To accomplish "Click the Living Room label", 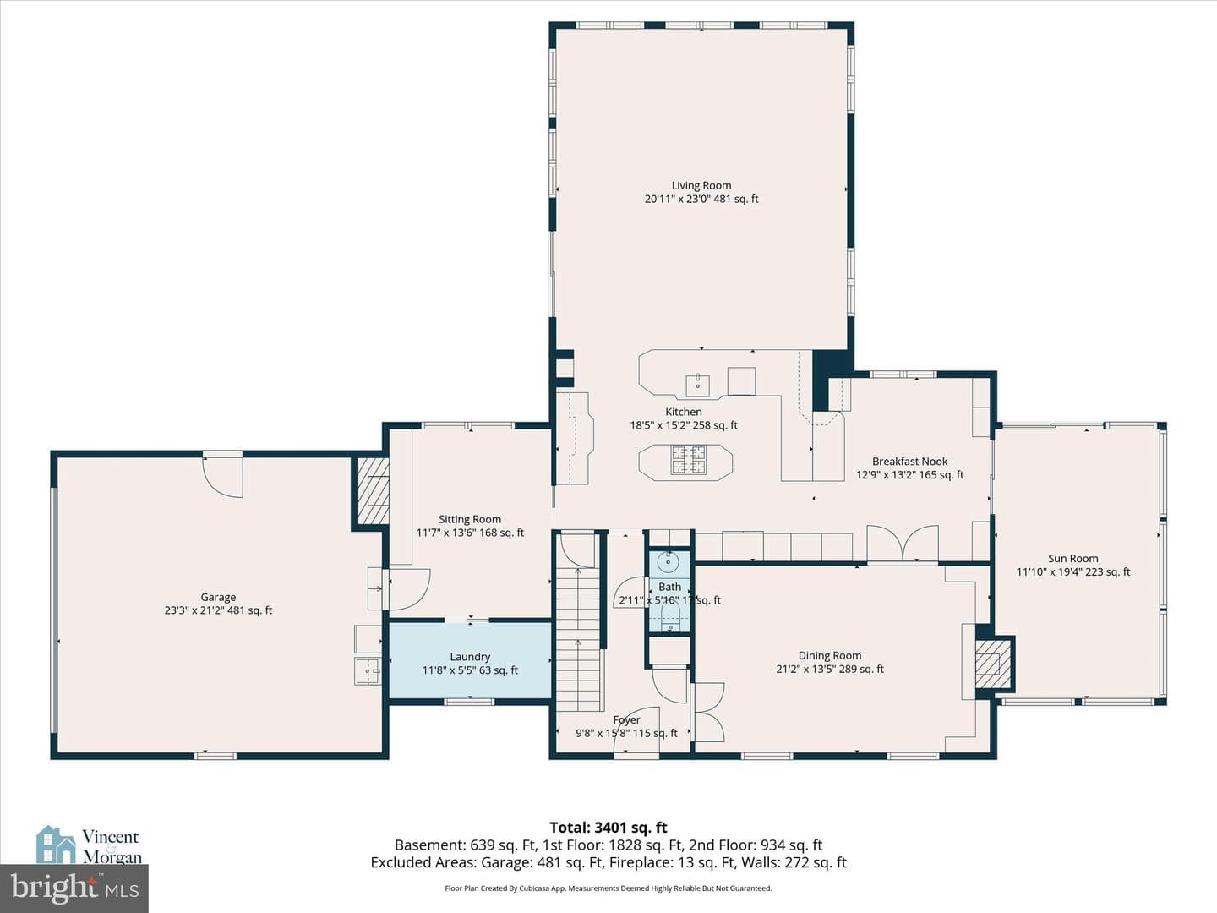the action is point(701,185).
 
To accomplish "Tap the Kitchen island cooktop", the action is point(689,460).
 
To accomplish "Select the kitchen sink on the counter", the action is point(697,385).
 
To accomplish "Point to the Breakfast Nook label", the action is point(910,462).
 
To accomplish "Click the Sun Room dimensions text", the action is point(1072,572).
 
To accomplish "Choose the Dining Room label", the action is point(829,655).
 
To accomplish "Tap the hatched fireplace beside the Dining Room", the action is point(992,664).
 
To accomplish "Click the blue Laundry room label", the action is point(470,656).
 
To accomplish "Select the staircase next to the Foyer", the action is point(580,638).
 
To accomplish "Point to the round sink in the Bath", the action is point(669,562).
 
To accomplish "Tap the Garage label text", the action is point(218,597).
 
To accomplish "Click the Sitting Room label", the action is point(470,519).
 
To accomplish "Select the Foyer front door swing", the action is point(636,730).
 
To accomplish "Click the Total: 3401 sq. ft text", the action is point(608,827).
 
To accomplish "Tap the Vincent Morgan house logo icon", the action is point(56,845).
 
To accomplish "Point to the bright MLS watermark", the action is point(74,888).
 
